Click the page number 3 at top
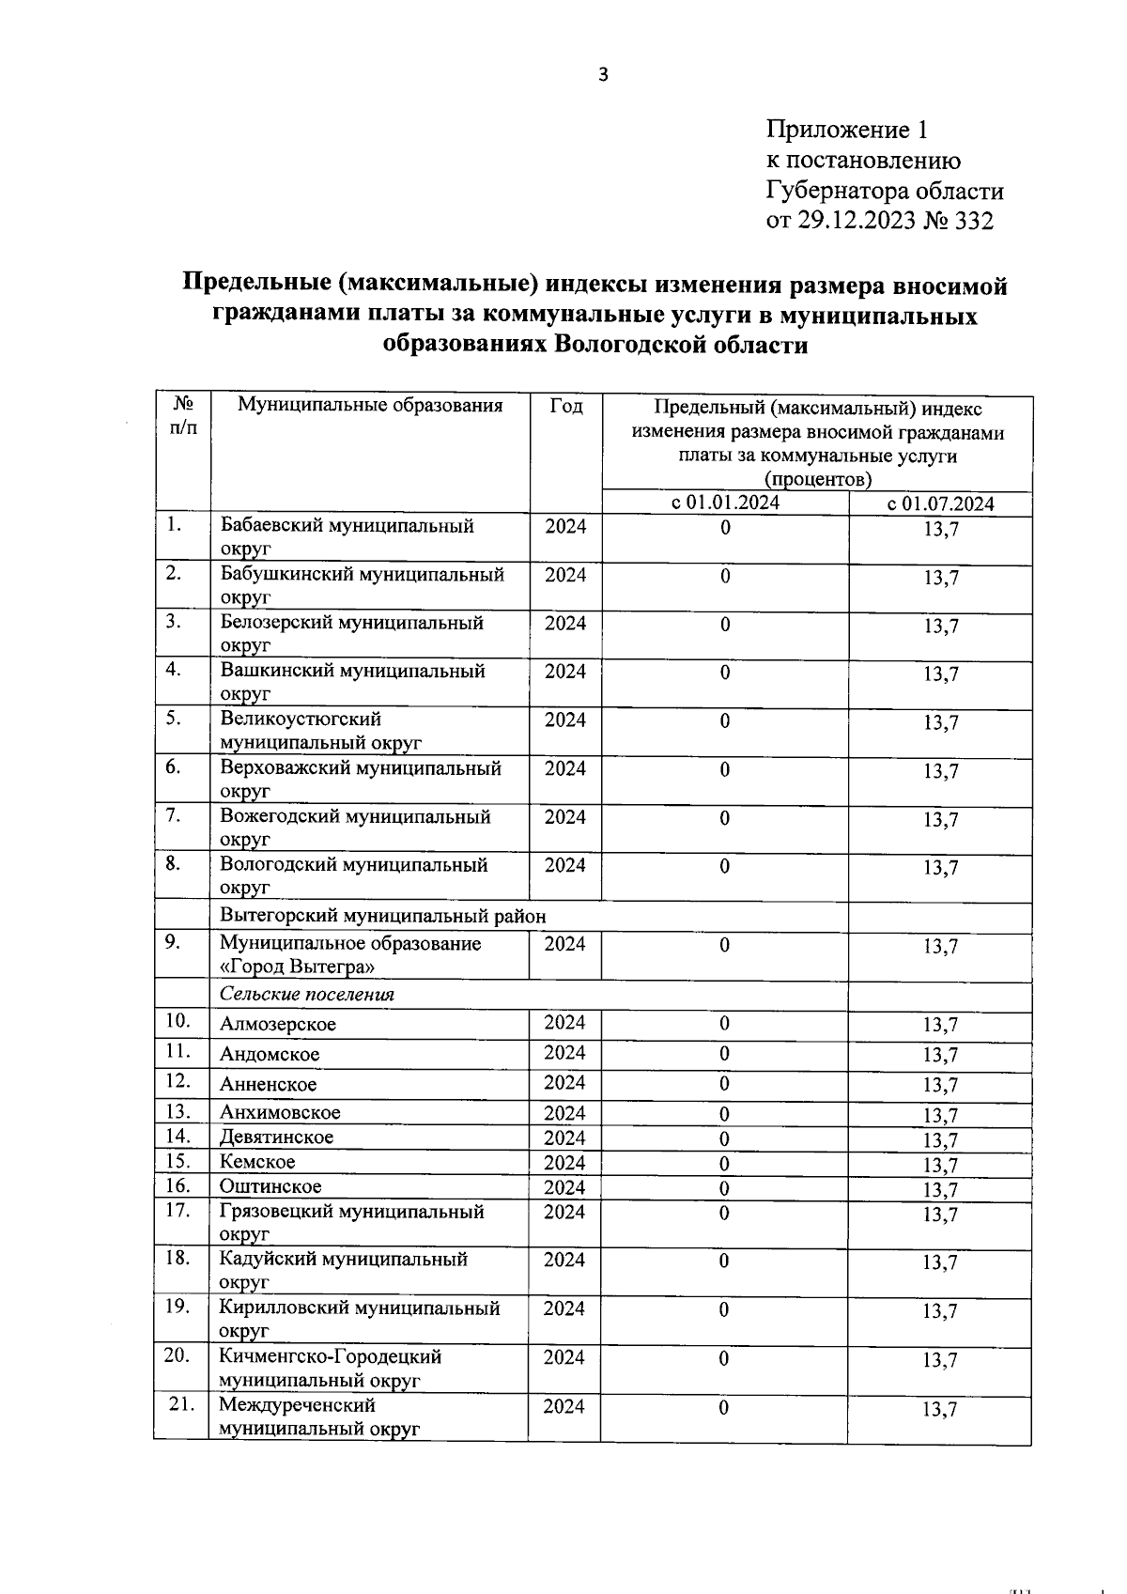(x=604, y=75)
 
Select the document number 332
(x=973, y=221)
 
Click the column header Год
(x=565, y=406)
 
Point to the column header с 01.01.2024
(x=725, y=503)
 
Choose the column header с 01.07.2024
(x=940, y=503)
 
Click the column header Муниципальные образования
(x=370, y=406)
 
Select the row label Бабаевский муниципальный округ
(x=347, y=536)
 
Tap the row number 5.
(x=173, y=719)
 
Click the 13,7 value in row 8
(x=940, y=868)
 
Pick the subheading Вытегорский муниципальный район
(x=382, y=916)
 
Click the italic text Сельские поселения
(x=307, y=995)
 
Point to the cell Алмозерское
(x=277, y=1025)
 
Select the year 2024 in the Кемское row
(x=564, y=1163)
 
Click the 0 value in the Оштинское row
(x=724, y=1188)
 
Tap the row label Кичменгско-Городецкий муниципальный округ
(x=330, y=1369)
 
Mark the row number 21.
(x=181, y=1404)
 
